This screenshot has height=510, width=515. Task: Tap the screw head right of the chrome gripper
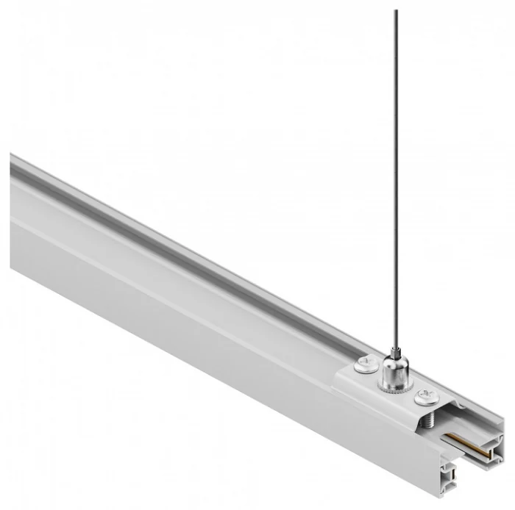pos(425,398)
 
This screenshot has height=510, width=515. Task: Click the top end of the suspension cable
pos(395,12)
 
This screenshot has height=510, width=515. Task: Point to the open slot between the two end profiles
pos(475,470)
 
